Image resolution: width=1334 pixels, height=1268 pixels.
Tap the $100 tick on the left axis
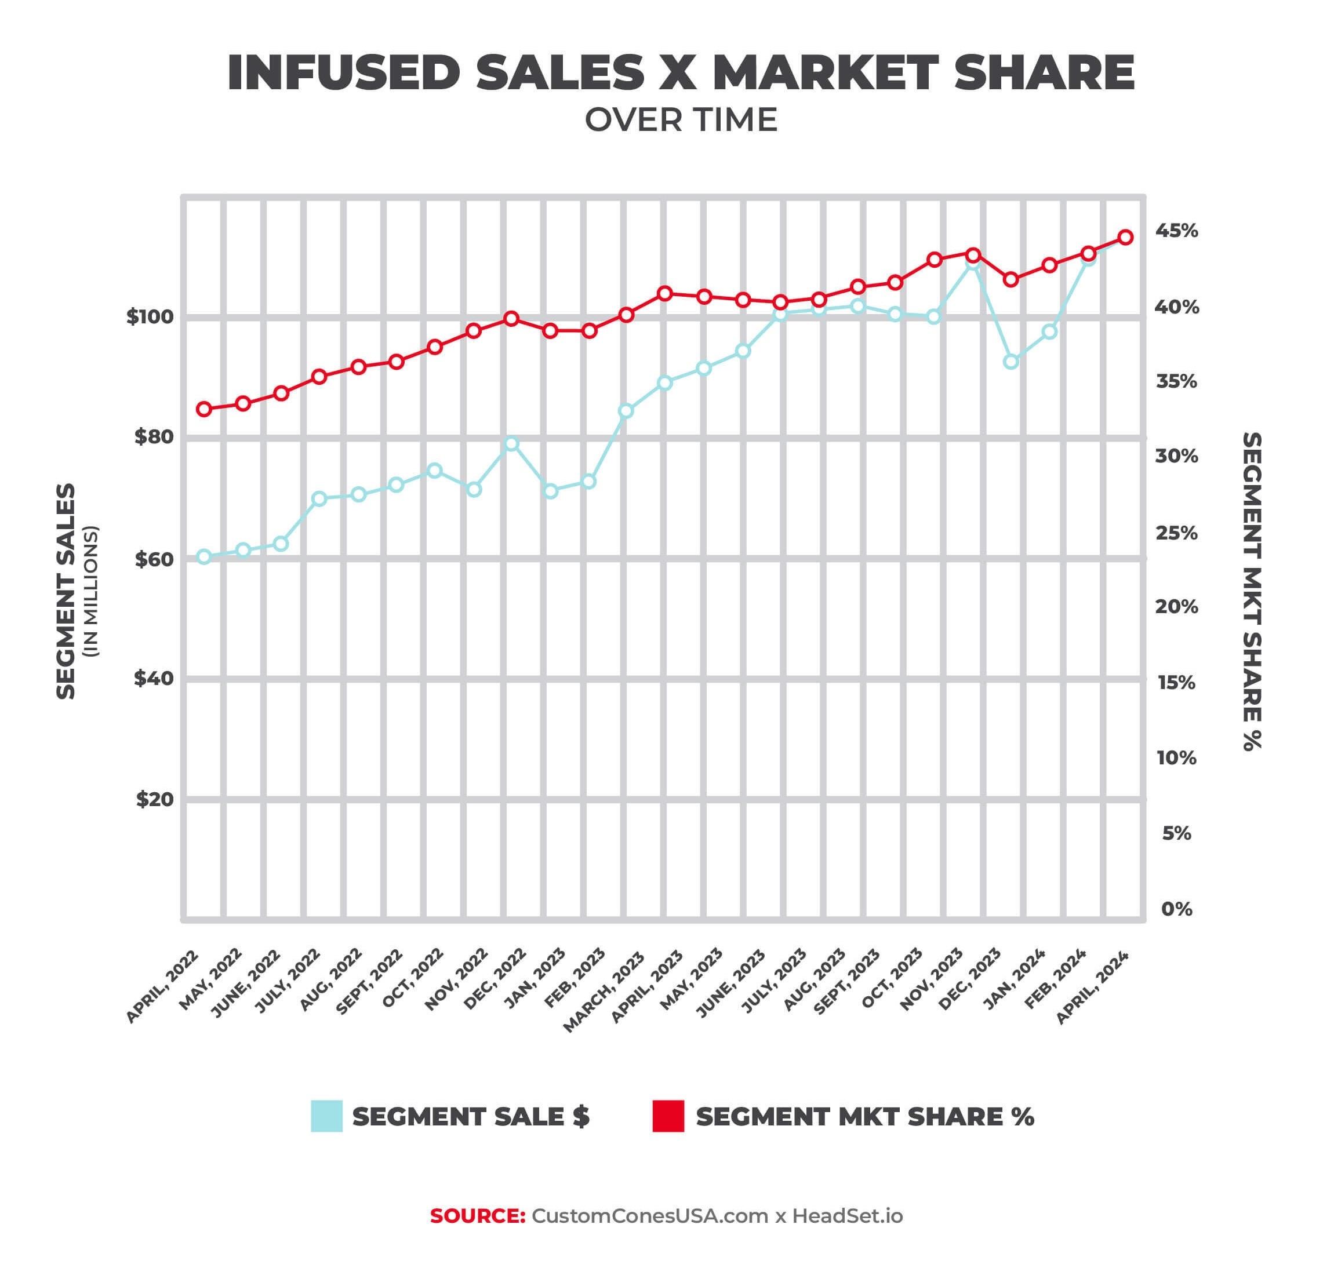[x=150, y=317]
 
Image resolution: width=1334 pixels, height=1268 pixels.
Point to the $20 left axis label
[x=154, y=800]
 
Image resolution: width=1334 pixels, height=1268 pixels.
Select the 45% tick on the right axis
[x=1176, y=231]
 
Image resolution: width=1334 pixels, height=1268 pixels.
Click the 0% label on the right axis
[x=1176, y=909]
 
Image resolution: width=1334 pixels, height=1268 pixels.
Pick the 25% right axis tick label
[x=1176, y=533]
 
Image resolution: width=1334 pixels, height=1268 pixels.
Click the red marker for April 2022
[x=204, y=409]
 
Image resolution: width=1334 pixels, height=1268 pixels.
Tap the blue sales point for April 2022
[x=204, y=557]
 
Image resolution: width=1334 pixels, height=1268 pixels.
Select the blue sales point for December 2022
[x=512, y=444]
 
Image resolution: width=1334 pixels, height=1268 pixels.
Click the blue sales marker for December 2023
[x=1012, y=362]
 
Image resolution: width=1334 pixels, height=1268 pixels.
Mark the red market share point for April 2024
[x=1126, y=237]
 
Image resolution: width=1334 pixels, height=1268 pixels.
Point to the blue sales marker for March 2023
[x=626, y=411]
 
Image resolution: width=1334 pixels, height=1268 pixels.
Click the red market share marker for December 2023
[x=1012, y=280]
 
